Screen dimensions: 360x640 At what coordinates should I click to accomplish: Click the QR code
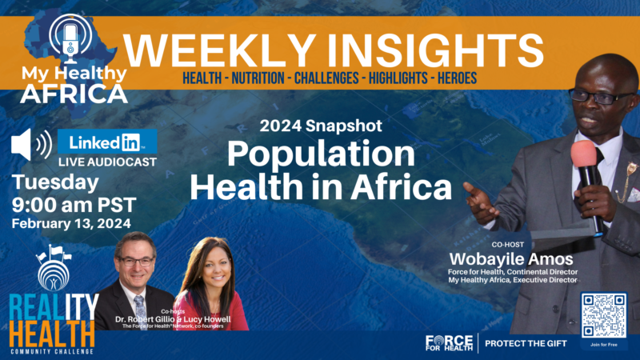pos(604,314)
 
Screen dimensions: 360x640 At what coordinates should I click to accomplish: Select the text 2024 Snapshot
pos(321,126)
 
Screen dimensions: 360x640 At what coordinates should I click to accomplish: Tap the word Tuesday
pos(55,182)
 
